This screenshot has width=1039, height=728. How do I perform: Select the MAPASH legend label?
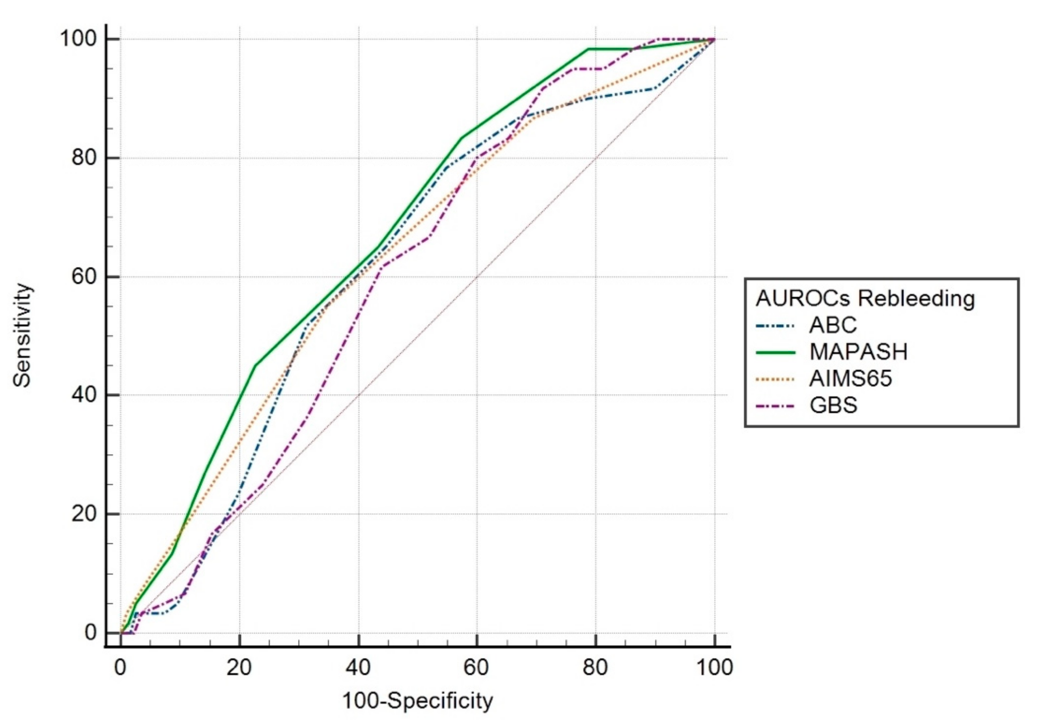pos(858,352)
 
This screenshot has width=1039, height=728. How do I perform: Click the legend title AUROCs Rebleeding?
pos(865,299)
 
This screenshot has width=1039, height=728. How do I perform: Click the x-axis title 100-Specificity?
pos(417,701)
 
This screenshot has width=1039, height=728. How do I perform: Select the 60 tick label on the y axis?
pos(85,277)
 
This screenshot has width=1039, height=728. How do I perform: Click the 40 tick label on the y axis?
pos(85,395)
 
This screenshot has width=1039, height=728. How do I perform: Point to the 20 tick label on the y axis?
pos(85,513)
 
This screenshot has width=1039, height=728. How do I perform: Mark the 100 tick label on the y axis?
pos(79,39)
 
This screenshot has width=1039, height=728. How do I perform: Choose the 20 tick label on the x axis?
pos(239,667)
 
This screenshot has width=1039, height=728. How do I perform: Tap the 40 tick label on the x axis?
pos(358,667)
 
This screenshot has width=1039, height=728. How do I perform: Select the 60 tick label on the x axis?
pos(477,667)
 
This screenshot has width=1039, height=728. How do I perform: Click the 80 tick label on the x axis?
pos(595,667)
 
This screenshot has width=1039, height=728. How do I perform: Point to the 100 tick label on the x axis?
pos(714,667)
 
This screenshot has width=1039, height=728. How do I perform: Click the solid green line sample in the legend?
pos(775,352)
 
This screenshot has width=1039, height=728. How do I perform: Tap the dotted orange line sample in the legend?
pos(775,379)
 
